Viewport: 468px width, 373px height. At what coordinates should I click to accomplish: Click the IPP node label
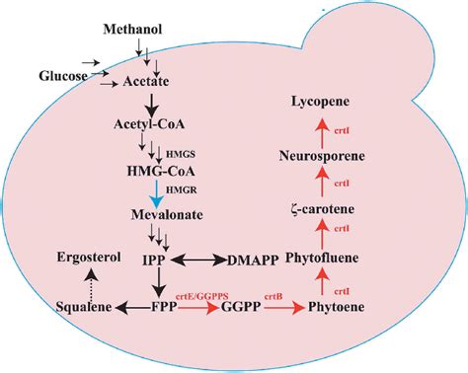point(153,261)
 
